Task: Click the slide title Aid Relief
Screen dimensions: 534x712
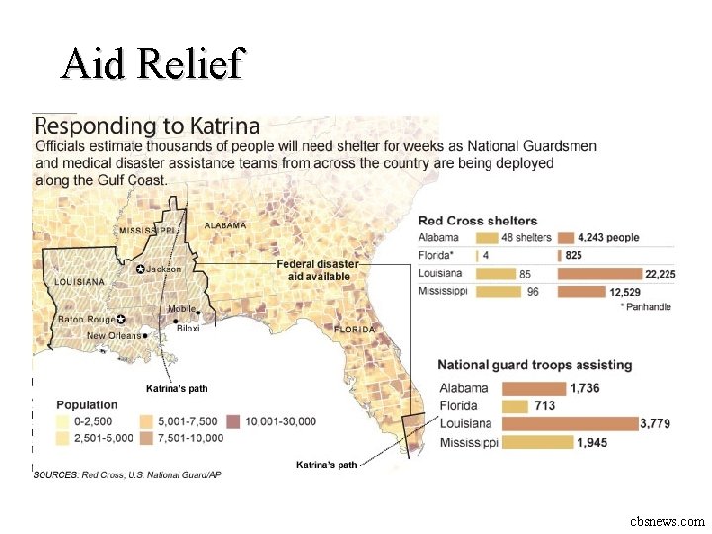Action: (x=151, y=64)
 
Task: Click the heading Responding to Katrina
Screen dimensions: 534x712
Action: (x=147, y=126)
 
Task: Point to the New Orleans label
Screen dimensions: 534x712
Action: (x=114, y=336)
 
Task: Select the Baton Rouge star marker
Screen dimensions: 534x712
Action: (x=121, y=320)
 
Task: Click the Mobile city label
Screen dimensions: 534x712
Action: (x=181, y=309)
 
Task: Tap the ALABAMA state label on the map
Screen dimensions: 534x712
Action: (x=225, y=225)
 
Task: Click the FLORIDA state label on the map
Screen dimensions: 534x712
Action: (x=354, y=329)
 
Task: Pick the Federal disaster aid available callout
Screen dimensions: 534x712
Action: (x=317, y=270)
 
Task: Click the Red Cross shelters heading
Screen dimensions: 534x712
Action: (x=478, y=221)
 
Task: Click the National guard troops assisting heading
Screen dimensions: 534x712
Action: (x=534, y=365)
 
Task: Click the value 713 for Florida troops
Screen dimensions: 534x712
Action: (x=545, y=406)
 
